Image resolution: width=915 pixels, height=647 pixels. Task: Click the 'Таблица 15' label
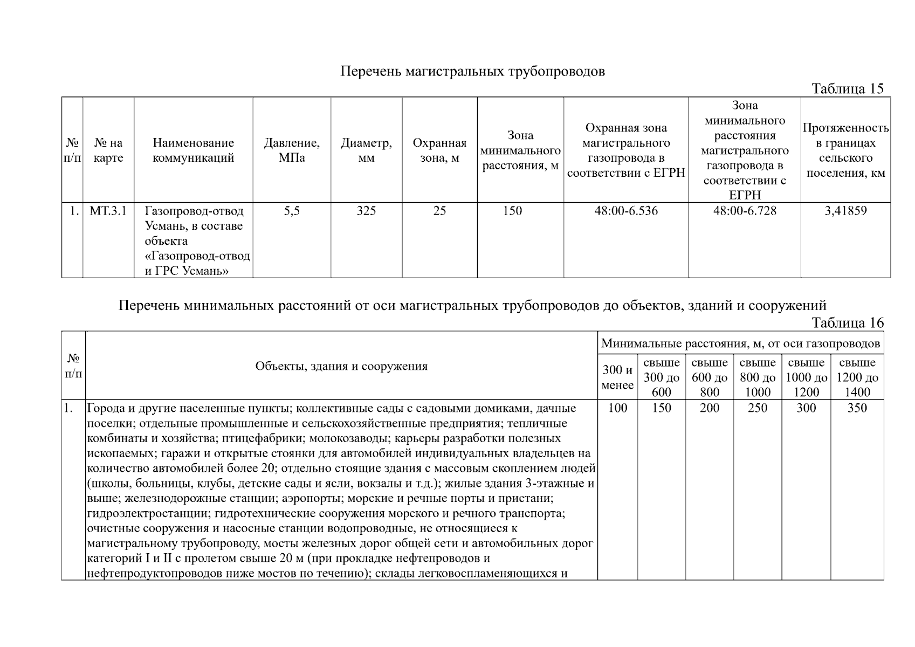point(848,89)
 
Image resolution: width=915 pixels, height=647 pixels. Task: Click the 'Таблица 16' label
point(848,323)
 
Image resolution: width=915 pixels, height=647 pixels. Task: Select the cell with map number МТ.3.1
point(108,211)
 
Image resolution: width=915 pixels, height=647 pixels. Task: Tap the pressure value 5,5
point(292,211)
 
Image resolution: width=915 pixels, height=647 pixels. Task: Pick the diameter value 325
point(366,211)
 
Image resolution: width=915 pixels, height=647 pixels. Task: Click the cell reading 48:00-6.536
point(626,211)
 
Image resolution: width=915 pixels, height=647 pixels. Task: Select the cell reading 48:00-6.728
point(745,211)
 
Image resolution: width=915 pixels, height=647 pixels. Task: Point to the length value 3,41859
point(845,211)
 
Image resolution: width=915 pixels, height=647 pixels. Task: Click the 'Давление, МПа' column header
point(292,150)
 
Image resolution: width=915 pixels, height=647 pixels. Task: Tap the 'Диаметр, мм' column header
point(366,150)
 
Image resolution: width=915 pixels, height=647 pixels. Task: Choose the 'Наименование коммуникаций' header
point(193,150)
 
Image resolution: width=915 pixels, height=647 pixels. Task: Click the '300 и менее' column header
point(617,377)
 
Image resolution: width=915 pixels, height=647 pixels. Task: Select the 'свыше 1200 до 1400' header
point(857,377)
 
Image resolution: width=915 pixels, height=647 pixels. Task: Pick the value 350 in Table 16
point(857,408)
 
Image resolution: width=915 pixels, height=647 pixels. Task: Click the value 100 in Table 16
point(617,408)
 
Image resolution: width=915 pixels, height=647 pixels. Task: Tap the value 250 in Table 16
point(758,408)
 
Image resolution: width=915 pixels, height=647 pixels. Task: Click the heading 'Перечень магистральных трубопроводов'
point(472,72)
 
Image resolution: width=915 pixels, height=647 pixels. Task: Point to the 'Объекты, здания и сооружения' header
point(341,367)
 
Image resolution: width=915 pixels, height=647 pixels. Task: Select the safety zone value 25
point(439,211)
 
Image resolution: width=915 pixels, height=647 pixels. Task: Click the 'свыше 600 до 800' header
point(710,377)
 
